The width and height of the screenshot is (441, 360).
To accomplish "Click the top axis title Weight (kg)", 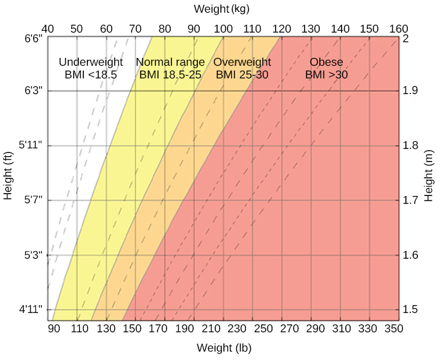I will [221, 9].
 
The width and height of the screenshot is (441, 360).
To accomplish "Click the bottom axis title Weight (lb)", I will [224, 348].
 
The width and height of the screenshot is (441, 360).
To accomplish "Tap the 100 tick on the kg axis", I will [223, 28].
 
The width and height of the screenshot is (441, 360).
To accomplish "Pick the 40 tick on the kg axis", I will [48, 28].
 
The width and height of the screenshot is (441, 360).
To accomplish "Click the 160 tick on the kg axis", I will [398, 28].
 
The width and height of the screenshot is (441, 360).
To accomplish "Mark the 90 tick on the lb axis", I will [54, 329].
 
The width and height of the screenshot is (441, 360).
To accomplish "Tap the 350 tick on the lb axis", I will [393, 329].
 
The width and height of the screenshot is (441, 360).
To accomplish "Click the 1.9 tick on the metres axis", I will [410, 91].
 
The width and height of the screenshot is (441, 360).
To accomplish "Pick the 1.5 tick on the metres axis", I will [410, 310].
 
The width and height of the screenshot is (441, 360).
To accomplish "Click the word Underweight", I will [90, 62].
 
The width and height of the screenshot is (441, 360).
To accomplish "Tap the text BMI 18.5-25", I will [170, 75].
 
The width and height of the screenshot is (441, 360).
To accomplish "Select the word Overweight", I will [243, 62].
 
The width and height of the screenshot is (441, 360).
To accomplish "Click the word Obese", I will [326, 62].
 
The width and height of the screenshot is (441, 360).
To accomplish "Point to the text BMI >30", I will [326, 75].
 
